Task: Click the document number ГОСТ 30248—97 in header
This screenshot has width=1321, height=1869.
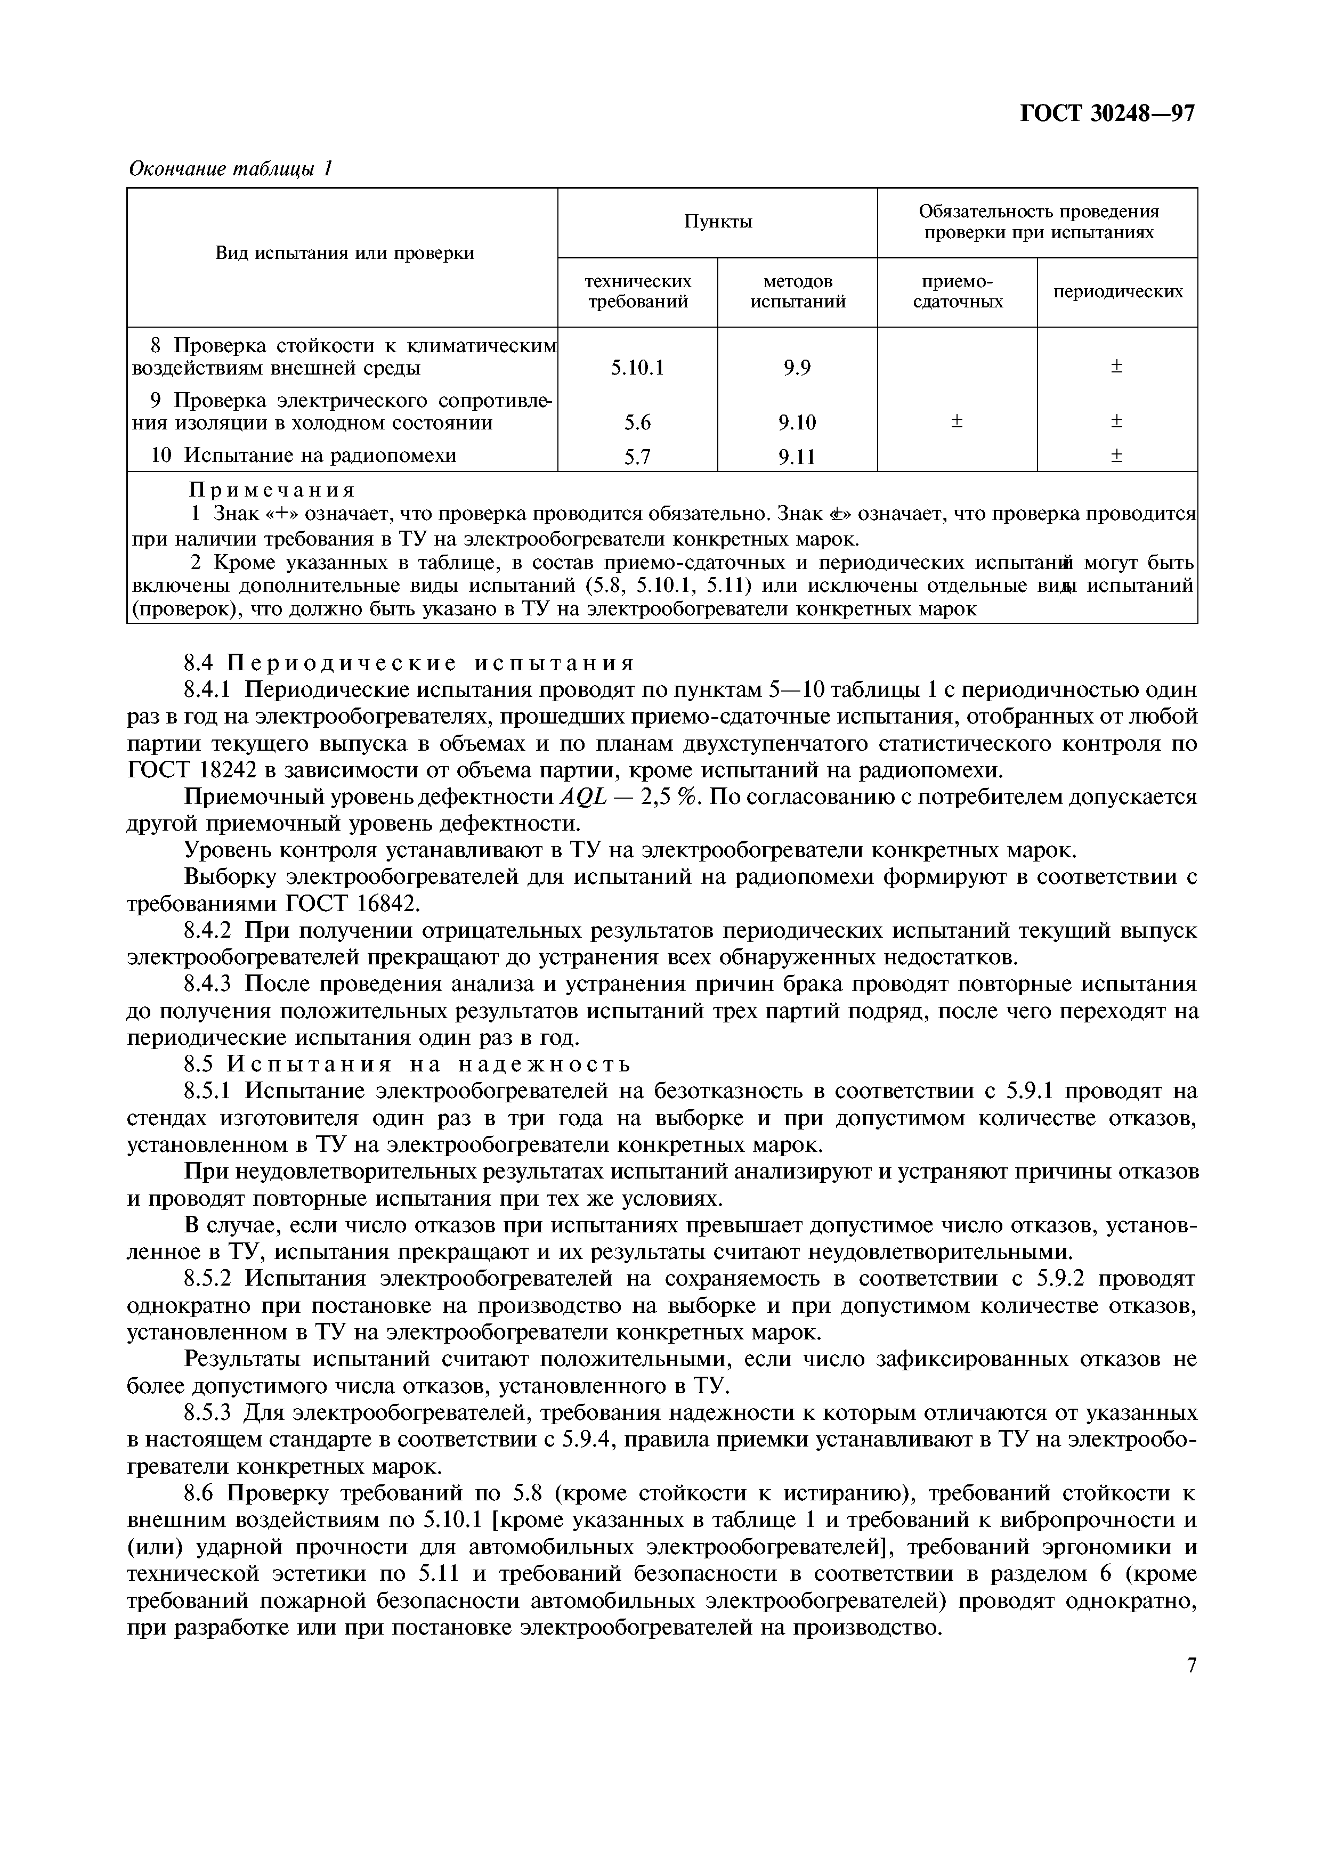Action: click(1107, 114)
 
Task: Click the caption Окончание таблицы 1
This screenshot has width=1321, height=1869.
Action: click(231, 168)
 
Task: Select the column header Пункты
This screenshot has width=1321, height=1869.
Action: click(717, 222)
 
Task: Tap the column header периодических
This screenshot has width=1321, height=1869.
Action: click(1117, 291)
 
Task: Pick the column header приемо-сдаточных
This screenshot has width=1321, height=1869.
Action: click(957, 291)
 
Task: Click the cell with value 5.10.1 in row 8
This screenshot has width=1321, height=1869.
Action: click(637, 369)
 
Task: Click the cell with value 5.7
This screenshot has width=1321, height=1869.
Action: click(637, 458)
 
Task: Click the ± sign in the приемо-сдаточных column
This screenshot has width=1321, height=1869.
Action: click(957, 421)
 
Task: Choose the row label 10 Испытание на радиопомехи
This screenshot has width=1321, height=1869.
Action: click(304, 456)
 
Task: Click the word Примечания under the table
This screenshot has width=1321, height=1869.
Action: click(273, 490)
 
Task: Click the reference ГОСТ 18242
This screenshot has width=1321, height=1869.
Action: click(201, 770)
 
